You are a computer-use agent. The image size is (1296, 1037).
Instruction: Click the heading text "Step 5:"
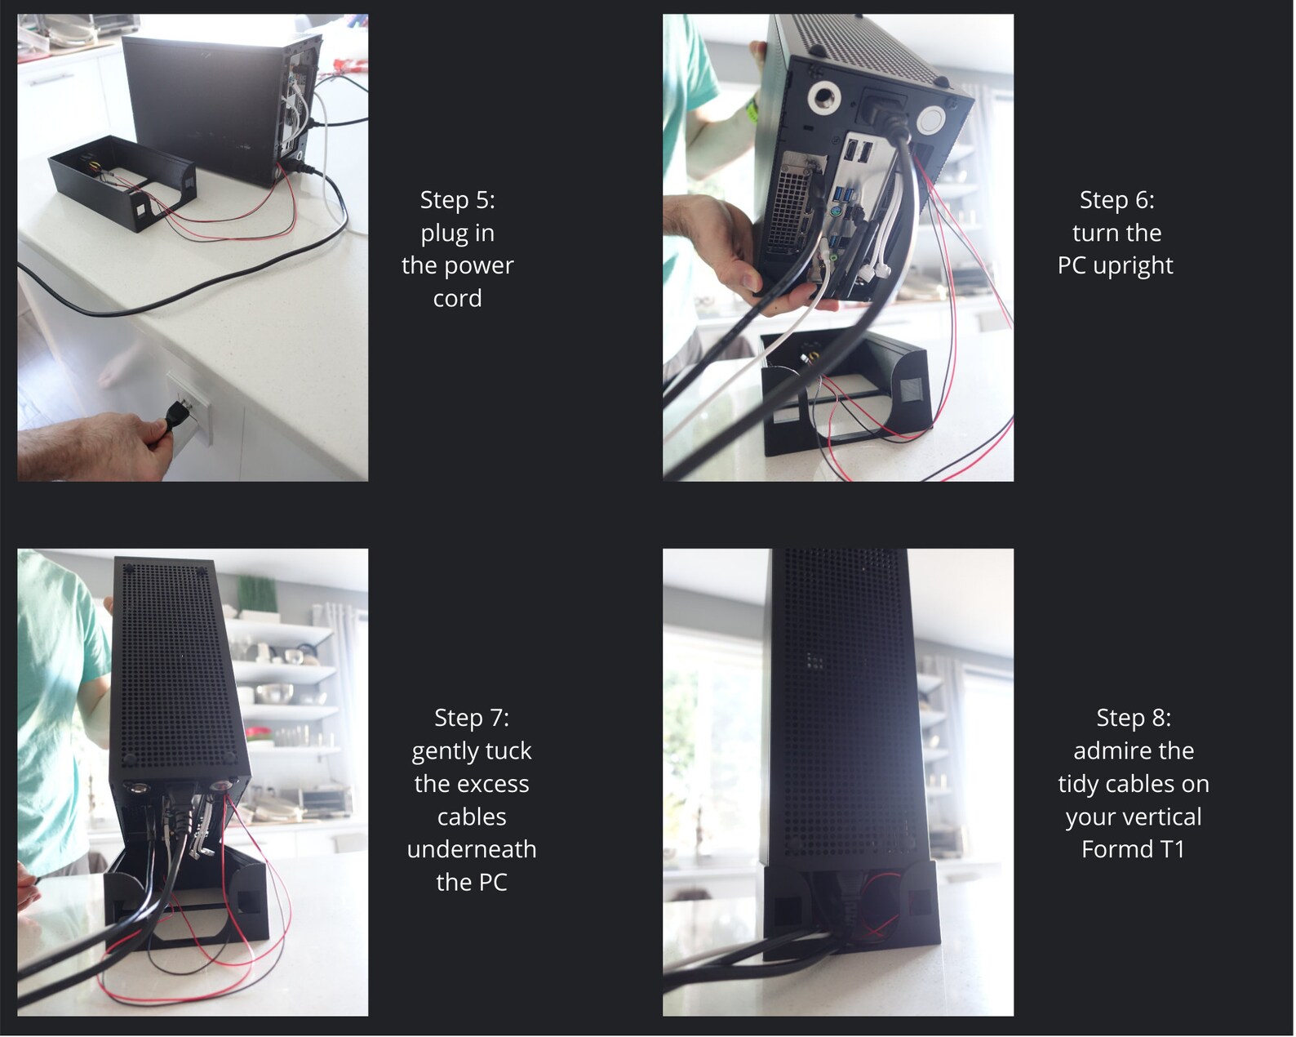pyautogui.click(x=457, y=200)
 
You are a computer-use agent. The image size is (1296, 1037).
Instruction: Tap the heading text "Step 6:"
pyautogui.click(x=1116, y=200)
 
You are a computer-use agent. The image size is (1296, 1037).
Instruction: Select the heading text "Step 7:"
pyautogui.click(x=472, y=718)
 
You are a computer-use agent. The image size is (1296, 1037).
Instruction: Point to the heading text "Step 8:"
pyautogui.click(x=1134, y=718)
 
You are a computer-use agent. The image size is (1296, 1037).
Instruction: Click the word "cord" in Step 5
pyautogui.click(x=457, y=298)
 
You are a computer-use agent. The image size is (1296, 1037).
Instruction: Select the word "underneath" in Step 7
pyautogui.click(x=472, y=849)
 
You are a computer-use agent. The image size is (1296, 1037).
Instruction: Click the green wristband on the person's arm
pyautogui.click(x=752, y=110)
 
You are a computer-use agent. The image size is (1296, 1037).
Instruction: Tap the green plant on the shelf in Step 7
pyautogui.click(x=257, y=594)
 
